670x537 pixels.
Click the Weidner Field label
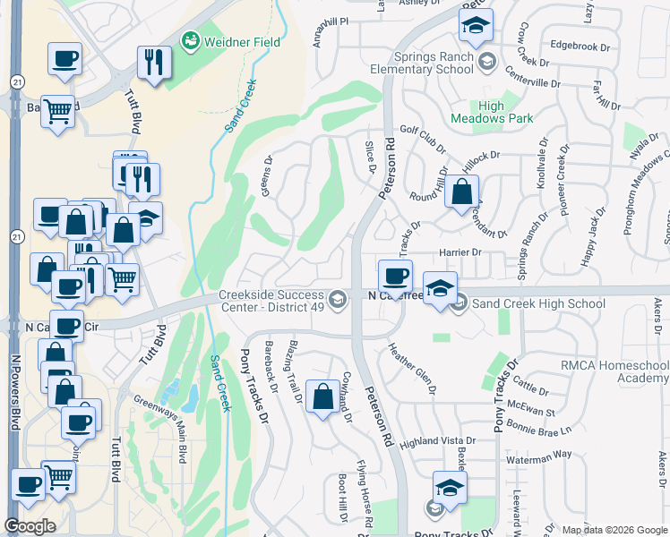tap(242, 42)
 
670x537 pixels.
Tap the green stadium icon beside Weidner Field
tap(190, 40)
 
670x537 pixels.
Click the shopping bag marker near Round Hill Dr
tap(461, 192)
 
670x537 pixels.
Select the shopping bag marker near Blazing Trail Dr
tap(322, 396)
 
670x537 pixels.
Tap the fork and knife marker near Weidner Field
tap(154, 62)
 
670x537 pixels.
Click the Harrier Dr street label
tap(460, 252)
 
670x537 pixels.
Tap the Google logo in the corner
tap(30, 526)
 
